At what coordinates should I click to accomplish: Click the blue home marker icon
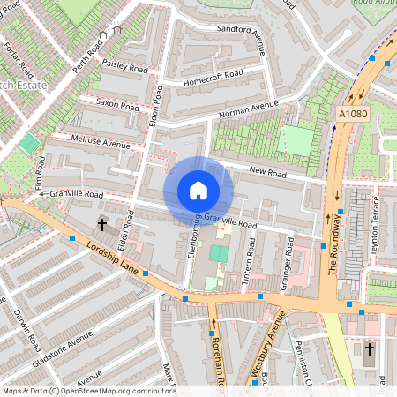click(x=198, y=191)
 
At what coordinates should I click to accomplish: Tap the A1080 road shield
click(x=352, y=114)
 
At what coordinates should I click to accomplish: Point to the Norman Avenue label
click(x=248, y=112)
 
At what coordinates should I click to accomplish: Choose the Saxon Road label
click(x=117, y=106)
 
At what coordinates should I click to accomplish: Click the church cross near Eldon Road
click(x=102, y=225)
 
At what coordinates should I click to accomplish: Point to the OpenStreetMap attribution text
click(x=89, y=391)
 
